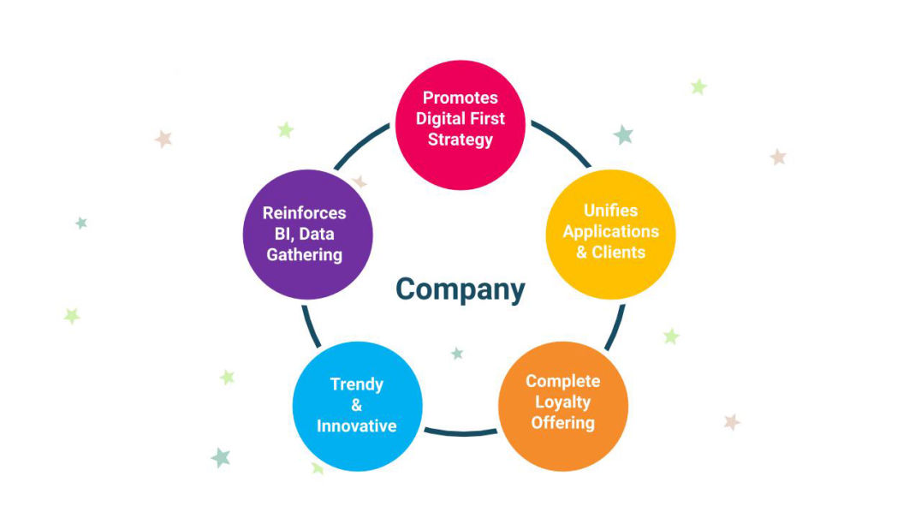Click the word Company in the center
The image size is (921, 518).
coord(460,289)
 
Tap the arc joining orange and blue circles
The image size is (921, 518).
coord(460,432)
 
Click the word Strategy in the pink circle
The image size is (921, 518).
coord(460,139)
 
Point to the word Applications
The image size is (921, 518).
coord(610,231)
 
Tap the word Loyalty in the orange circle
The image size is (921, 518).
coord(562,402)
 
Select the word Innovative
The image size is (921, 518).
coord(357,426)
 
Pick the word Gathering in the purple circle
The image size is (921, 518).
coord(304,254)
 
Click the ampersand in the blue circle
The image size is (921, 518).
coord(357,405)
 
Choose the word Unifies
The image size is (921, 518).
coord(610,210)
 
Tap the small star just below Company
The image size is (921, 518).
coord(457,353)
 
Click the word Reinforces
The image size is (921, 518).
coord(304,212)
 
